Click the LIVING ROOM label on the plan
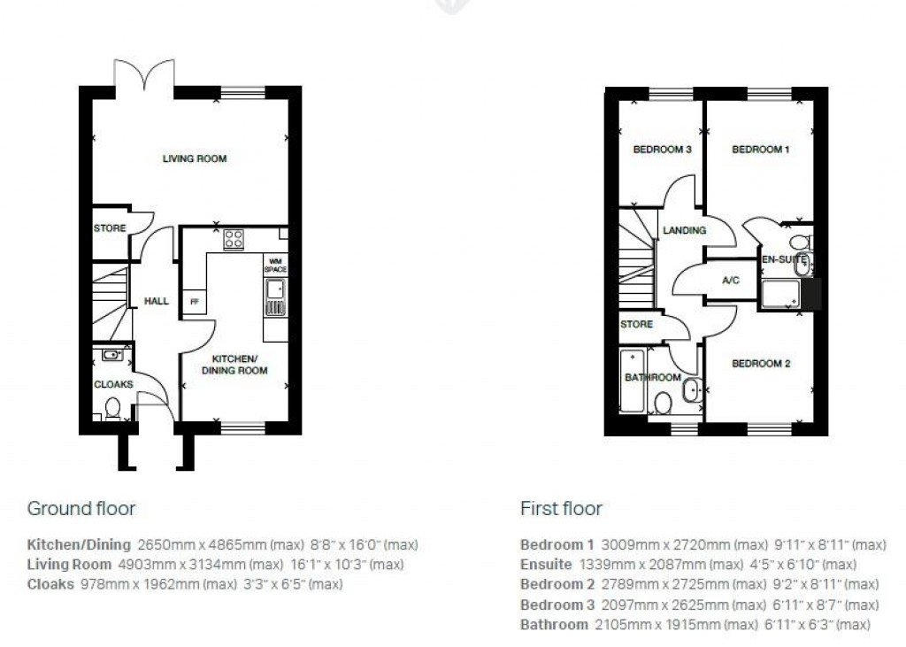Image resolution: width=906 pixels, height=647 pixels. click(x=194, y=159)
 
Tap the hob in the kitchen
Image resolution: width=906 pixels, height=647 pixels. click(x=234, y=239)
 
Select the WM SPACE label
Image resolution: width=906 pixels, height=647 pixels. click(x=275, y=265)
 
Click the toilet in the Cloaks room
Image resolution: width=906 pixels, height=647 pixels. click(x=112, y=409)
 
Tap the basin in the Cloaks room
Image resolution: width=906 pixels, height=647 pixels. click(x=112, y=355)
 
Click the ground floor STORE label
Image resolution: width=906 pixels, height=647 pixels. click(x=110, y=228)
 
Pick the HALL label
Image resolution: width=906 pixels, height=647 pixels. click(x=157, y=302)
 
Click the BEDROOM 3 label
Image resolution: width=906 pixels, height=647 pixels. click(x=662, y=150)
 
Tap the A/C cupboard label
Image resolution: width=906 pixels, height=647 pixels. click(x=731, y=281)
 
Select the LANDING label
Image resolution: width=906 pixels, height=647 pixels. click(x=685, y=230)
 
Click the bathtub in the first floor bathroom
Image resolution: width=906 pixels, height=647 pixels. click(x=631, y=381)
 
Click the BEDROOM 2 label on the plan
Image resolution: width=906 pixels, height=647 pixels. click(x=761, y=364)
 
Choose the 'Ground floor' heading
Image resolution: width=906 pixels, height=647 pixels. click(x=81, y=508)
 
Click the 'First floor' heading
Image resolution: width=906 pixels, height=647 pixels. click(x=561, y=508)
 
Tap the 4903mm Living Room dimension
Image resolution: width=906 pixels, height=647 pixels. click(x=138, y=564)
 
